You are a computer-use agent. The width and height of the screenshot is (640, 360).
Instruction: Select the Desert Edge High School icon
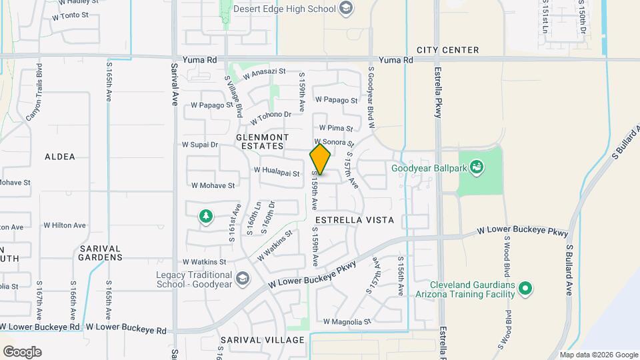pyautogui.click(x=345, y=8)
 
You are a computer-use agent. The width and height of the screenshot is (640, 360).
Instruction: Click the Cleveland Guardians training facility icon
pyautogui.click(x=525, y=289)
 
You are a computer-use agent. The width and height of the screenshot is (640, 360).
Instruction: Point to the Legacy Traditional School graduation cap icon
pyautogui.click(x=242, y=277)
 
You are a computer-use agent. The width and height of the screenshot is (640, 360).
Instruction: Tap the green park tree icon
pyautogui.click(x=206, y=216)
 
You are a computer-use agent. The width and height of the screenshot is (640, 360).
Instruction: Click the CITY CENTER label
pyautogui.click(x=447, y=50)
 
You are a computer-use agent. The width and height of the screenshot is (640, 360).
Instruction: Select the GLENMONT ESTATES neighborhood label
pyautogui.click(x=260, y=141)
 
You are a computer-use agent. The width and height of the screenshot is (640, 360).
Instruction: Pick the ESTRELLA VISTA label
pyautogui.click(x=355, y=219)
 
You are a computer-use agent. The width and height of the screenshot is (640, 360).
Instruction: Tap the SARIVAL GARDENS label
pyautogui.click(x=101, y=253)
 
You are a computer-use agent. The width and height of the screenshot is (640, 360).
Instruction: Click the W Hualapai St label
pyautogui.click(x=277, y=172)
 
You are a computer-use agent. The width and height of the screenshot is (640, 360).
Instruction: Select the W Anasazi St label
pyautogui.click(x=264, y=74)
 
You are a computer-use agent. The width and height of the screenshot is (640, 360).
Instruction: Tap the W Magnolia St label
pyautogui.click(x=347, y=322)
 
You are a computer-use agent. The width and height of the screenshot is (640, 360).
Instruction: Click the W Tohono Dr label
pyautogui.click(x=271, y=118)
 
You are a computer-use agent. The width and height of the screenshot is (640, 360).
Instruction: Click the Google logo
pyautogui.click(x=22, y=352)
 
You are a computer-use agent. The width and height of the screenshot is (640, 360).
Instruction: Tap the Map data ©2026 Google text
pyautogui.click(x=598, y=355)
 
